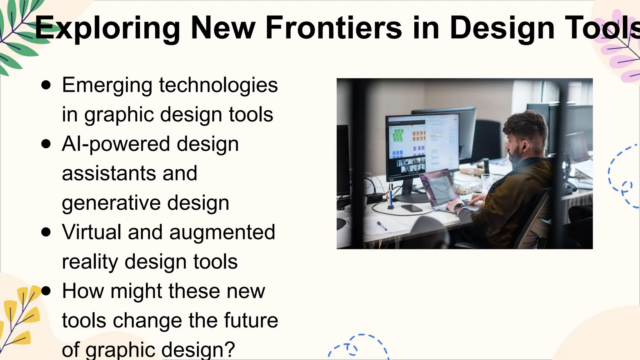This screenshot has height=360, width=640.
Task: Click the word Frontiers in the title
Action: tap(333, 28)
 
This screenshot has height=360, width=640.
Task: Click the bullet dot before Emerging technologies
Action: tap(46, 85)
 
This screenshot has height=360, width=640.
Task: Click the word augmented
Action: tap(222, 232)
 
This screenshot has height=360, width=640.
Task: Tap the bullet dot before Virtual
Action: tap(46, 232)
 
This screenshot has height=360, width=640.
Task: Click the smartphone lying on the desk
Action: tap(412, 208)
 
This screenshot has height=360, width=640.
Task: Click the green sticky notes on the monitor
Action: tap(398, 135)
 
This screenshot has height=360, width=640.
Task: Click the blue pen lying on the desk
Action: tap(382, 225)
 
